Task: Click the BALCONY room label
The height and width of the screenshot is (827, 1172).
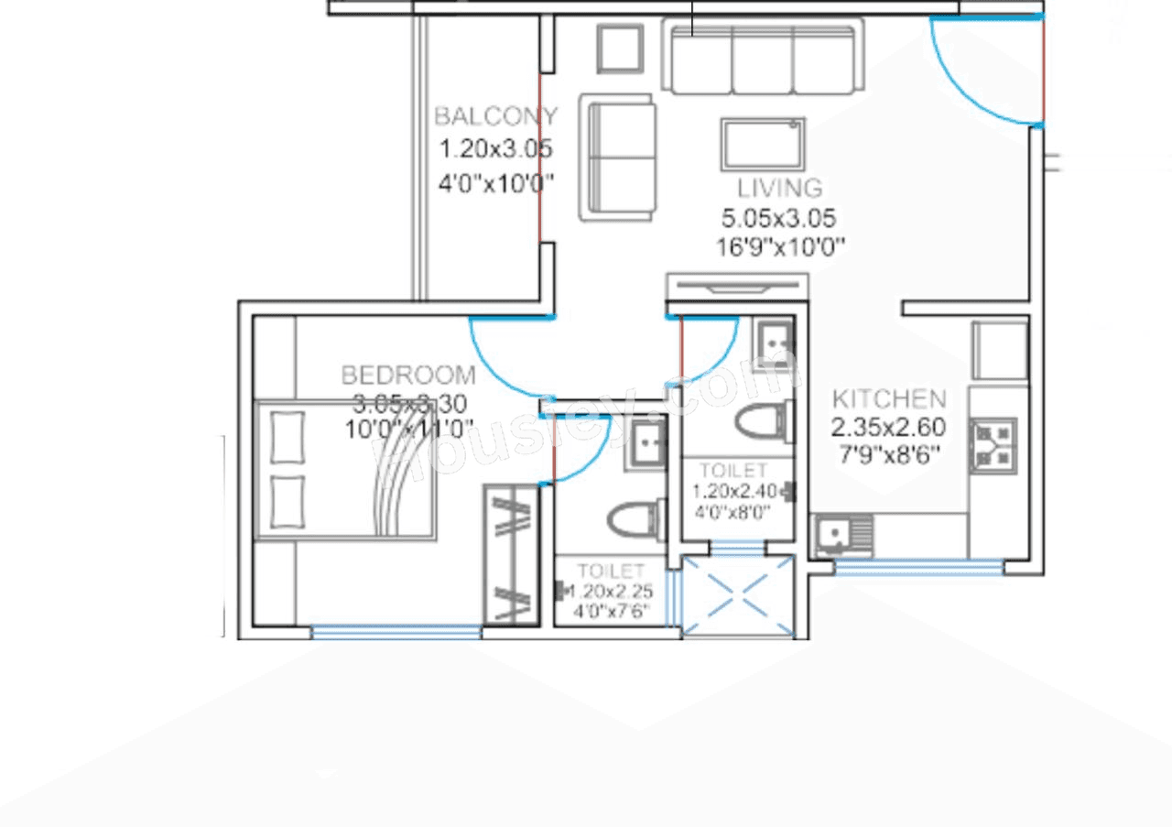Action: tap(495, 116)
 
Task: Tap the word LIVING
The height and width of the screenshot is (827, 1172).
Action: tap(779, 188)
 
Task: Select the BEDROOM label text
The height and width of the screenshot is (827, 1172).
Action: tap(408, 375)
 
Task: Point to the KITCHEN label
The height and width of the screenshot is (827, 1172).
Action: tap(889, 398)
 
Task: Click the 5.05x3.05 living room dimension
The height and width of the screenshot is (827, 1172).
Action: tap(778, 219)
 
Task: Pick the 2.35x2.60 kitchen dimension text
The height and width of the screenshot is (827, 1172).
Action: tap(888, 428)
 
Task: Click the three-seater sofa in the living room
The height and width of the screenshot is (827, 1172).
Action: tap(763, 59)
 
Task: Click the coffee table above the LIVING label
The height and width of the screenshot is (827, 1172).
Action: tap(763, 144)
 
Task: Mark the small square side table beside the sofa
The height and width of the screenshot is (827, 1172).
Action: tap(622, 48)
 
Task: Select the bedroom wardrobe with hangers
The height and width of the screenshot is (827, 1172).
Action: tap(511, 554)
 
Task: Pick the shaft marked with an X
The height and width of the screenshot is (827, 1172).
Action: tap(738, 596)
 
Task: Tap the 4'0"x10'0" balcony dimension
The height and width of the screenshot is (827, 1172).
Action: tap(496, 182)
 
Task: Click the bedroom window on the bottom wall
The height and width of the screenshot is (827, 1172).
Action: tap(396, 631)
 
